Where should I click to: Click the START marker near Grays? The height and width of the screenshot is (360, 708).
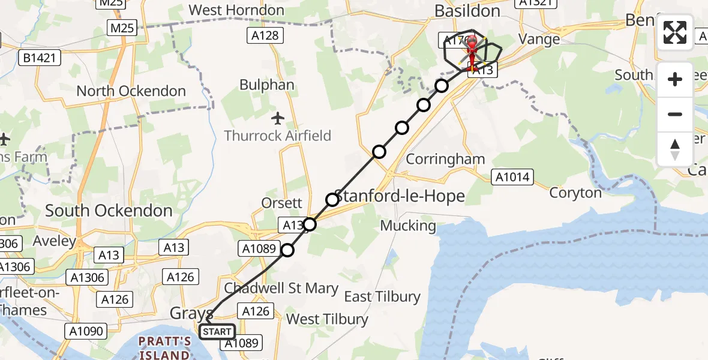tap(217, 331)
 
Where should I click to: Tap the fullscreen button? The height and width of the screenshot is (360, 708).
tap(675, 32)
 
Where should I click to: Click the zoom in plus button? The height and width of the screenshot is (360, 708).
tap(675, 79)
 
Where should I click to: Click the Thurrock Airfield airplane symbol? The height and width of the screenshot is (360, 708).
tap(277, 117)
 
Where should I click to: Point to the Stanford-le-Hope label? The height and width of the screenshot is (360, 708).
tap(399, 196)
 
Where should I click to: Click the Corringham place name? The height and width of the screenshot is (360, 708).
tap(445, 159)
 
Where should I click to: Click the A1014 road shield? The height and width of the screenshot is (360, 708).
tap(511, 176)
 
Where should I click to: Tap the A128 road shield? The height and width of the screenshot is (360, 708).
tap(264, 36)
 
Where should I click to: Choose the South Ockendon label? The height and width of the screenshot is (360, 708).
tap(109, 211)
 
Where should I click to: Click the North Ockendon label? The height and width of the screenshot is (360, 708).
tap(131, 91)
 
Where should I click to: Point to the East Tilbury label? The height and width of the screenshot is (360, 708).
tap(382, 296)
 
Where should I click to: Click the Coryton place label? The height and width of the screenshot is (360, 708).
tap(575, 193)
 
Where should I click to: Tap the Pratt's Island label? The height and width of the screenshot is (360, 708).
tap(164, 348)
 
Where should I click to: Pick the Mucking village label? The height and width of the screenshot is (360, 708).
tap(409, 226)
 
